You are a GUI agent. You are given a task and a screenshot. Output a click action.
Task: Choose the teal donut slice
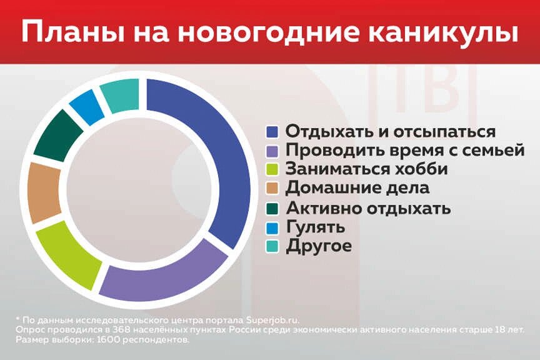coord(120,95)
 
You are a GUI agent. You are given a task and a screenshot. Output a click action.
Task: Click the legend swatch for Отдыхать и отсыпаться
coord(272,132)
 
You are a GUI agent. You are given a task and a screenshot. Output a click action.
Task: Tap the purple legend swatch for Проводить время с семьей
coord(272,151)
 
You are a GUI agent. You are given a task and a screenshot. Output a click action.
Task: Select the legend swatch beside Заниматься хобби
coord(272,169)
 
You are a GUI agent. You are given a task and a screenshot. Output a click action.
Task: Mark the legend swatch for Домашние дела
coord(272,187)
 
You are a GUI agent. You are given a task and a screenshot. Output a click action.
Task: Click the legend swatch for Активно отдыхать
coord(272,207)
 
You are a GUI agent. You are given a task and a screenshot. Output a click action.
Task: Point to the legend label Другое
coord(319,246)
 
